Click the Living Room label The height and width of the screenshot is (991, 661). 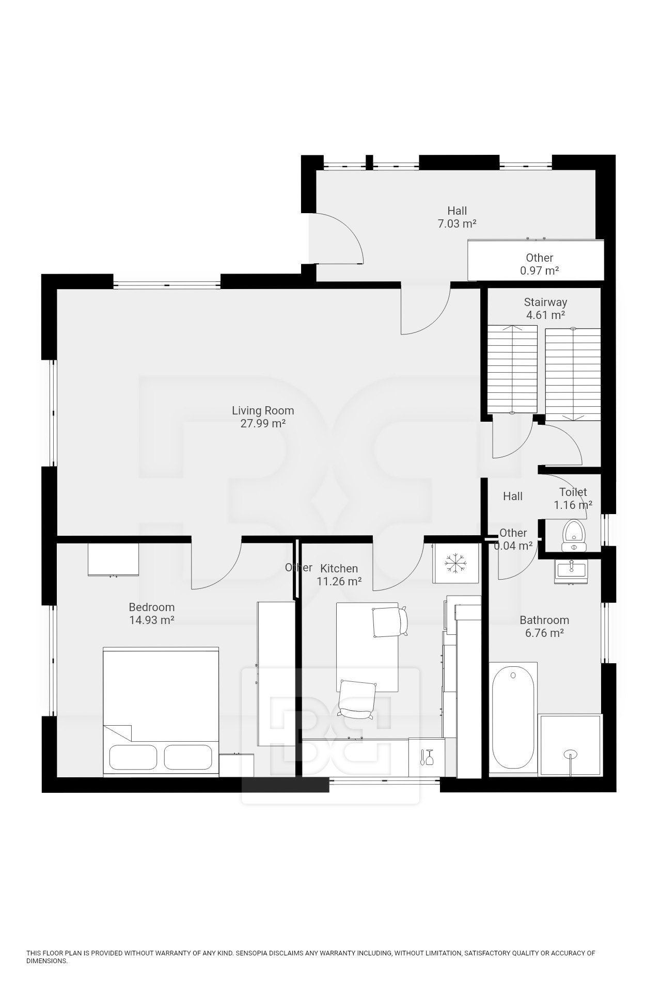263,411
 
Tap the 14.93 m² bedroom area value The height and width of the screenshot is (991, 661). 152,620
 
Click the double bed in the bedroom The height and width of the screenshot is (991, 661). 161,711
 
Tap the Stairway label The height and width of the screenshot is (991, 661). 545,302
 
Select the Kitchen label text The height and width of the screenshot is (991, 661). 339,568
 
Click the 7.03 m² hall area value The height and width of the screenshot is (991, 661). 457,223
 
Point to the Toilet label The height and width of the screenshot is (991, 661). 573,492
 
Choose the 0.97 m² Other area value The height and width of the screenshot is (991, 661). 540,270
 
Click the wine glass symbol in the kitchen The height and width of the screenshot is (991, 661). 427,757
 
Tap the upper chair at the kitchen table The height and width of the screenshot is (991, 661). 390,622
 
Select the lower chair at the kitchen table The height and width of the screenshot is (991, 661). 357,699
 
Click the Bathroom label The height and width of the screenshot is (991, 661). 544,620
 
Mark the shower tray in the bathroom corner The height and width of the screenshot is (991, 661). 571,745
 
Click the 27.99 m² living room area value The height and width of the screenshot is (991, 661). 263,424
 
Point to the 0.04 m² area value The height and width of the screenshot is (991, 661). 513,546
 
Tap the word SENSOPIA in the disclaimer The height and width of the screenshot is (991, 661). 252,953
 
